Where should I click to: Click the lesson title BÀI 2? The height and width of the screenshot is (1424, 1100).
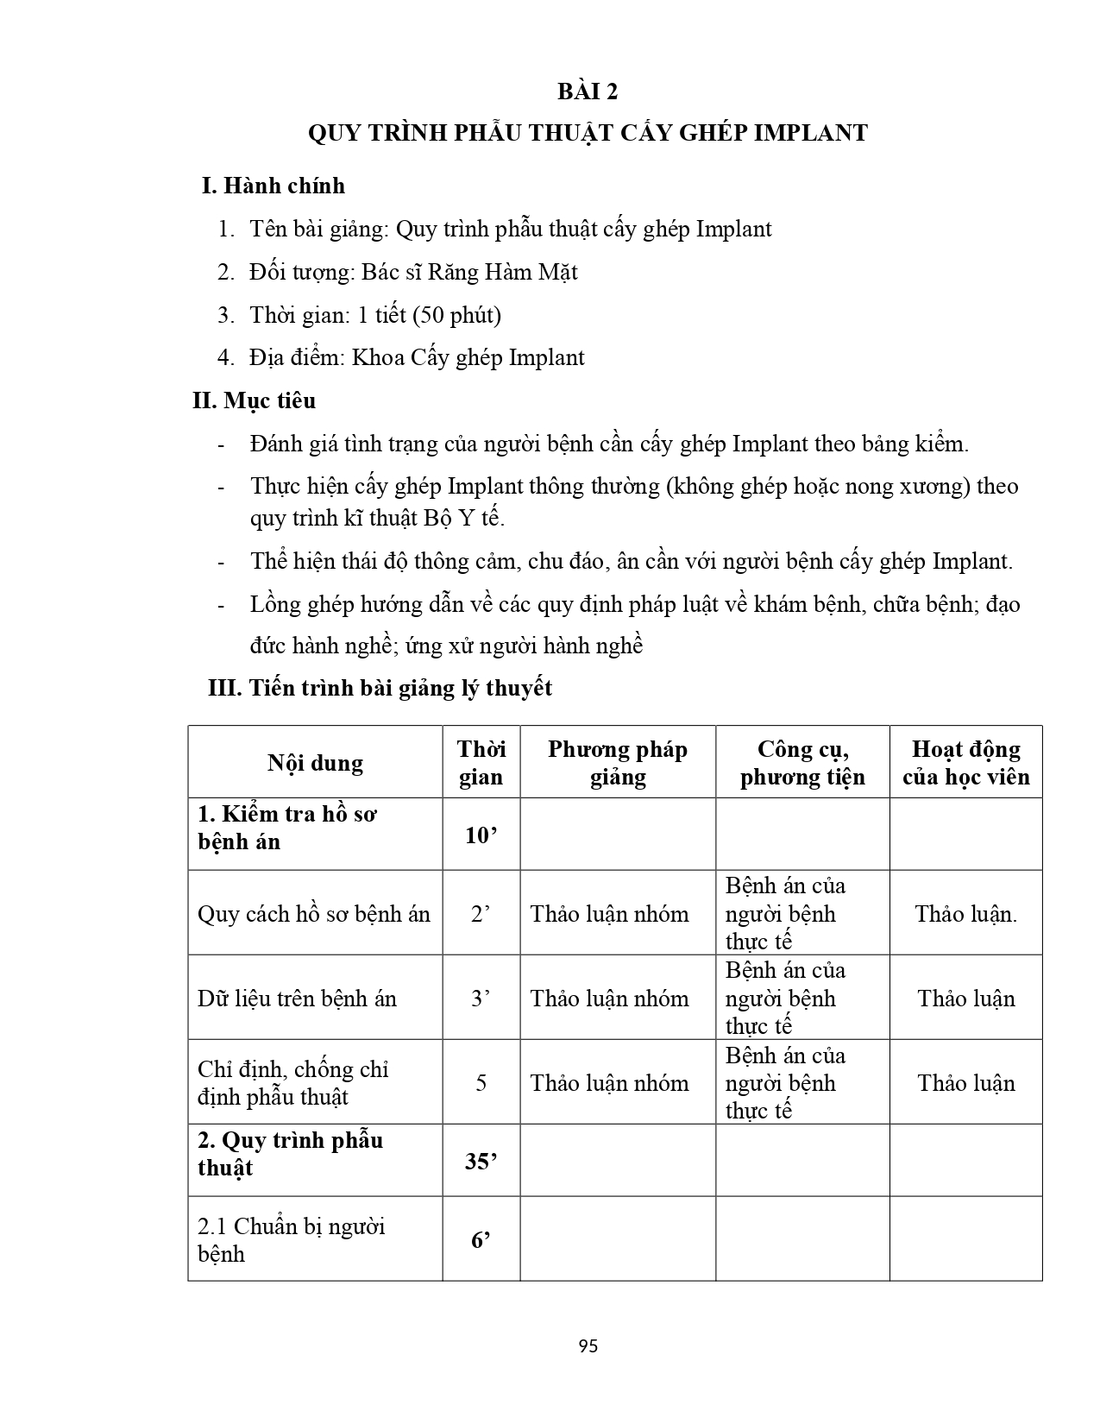588,91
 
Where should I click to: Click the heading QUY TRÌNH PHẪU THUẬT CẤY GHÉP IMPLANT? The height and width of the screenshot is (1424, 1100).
588,133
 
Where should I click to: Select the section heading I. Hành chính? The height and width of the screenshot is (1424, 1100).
273,186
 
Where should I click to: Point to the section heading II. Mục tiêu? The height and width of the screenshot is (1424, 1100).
254,400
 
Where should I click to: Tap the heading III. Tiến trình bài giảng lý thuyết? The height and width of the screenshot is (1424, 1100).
380,688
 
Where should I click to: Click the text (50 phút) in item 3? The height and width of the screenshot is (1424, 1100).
456,315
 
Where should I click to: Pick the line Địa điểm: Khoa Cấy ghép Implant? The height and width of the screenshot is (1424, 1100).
417,358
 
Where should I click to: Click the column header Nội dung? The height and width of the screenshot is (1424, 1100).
315,763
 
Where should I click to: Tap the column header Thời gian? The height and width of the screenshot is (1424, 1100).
481,763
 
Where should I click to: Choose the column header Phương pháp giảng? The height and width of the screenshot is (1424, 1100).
617,763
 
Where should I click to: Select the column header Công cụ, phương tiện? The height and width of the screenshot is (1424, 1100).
802,763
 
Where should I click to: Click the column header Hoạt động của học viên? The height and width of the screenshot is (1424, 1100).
965,763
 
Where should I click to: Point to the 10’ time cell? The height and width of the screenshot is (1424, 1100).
481,835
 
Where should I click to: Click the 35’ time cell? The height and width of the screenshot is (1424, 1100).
481,1162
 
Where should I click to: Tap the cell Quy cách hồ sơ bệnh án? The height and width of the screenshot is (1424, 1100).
313,914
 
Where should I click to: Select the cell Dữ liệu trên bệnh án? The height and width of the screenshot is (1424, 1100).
297,999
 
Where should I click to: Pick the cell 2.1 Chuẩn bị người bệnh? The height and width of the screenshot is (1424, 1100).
291,1239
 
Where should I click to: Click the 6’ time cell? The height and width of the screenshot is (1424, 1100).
481,1240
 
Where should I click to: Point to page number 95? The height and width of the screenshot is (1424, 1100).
588,1346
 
